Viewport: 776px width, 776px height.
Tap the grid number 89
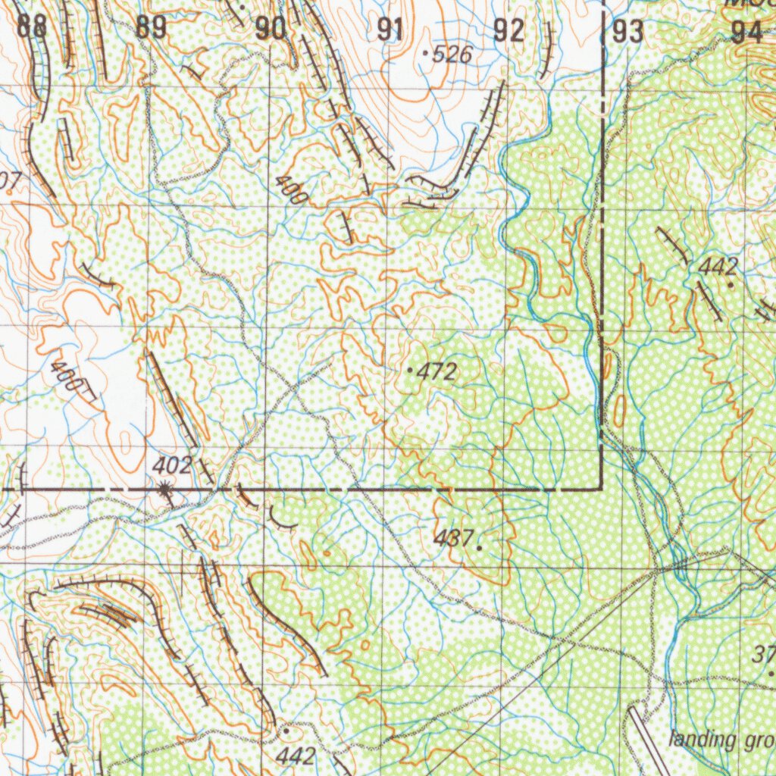tap(152, 29)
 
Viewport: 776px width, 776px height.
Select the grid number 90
tap(271, 30)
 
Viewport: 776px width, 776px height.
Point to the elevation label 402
tap(172, 465)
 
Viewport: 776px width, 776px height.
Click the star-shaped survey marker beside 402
tap(164, 490)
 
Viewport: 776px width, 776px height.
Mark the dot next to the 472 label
tap(410, 371)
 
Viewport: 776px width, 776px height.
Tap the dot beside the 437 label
tap(479, 545)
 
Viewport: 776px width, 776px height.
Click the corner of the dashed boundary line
tap(602, 489)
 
